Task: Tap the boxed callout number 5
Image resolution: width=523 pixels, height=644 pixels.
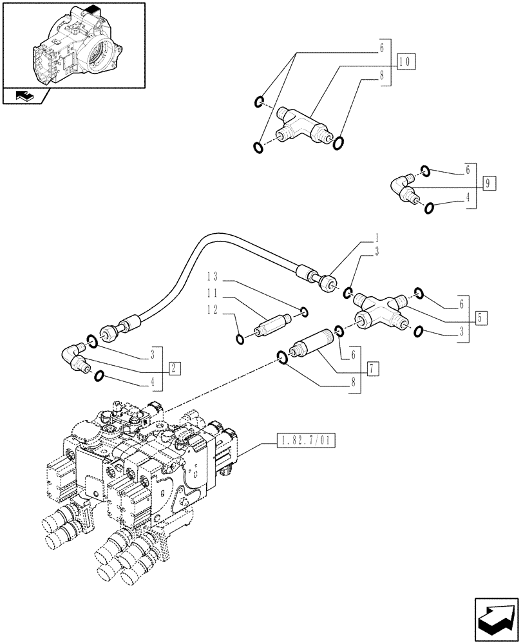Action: tap(481, 317)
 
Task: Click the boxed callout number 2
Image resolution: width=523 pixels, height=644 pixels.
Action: tap(174, 368)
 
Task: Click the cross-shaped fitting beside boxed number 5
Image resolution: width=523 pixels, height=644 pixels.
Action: tap(381, 311)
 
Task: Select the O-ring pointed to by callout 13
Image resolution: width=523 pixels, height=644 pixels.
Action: tap(303, 313)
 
